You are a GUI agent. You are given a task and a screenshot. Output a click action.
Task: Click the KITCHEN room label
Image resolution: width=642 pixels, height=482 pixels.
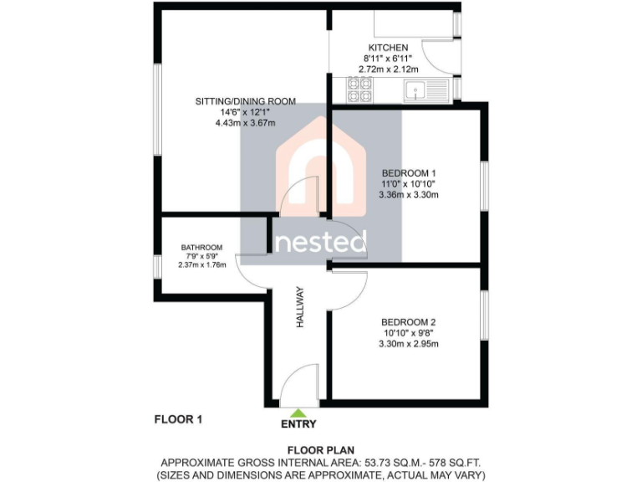389,48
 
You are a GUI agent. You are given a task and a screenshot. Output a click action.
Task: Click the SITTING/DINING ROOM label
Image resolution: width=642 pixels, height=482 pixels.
246,101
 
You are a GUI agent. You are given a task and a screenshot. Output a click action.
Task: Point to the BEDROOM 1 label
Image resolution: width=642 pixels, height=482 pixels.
409,172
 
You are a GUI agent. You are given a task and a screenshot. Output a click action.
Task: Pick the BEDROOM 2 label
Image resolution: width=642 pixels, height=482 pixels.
409,322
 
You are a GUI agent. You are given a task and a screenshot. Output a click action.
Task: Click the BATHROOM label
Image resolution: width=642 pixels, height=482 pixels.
201,248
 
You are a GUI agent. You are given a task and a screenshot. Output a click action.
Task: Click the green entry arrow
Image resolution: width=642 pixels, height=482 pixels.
298,411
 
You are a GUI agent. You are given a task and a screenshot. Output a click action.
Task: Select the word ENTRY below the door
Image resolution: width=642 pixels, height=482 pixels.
298,423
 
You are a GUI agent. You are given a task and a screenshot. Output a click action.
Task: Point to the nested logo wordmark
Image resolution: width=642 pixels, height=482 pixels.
321,242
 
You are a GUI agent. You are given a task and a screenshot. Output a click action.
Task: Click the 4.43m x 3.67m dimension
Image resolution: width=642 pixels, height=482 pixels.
246,123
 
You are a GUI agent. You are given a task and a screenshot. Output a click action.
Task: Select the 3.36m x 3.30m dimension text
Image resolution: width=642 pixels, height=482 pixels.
409,195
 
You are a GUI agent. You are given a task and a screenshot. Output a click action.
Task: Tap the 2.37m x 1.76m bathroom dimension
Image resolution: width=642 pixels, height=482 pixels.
201,265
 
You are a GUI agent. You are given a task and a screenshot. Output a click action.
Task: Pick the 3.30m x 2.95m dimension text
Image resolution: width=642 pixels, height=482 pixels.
409,344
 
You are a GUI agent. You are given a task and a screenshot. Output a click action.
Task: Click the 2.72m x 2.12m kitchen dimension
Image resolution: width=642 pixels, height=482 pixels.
389,69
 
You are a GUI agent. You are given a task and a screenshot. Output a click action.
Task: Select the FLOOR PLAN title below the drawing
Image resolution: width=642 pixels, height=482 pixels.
321,449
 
